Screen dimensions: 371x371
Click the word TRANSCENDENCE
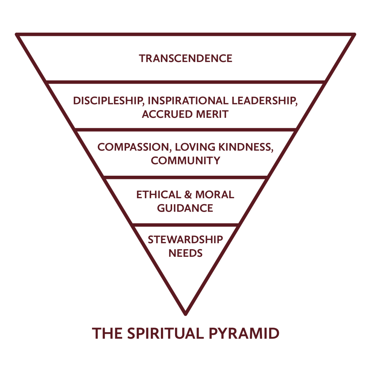point(185,58)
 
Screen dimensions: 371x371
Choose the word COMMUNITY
point(185,161)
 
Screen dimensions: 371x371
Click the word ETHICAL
point(158,195)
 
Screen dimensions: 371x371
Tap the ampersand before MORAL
point(188,195)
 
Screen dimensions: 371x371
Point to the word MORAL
point(215,195)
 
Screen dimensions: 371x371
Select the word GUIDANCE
point(185,208)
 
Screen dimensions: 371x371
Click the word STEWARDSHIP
point(185,239)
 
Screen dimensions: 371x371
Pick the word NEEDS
point(185,253)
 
